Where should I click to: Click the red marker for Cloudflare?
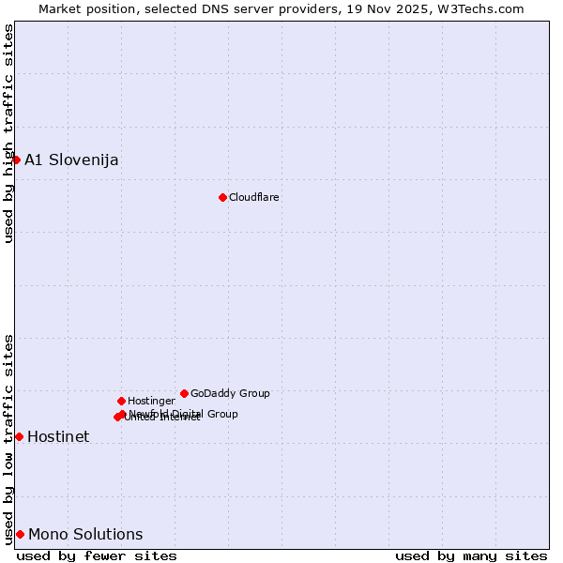[x=222, y=197]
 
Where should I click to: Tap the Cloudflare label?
[x=254, y=197]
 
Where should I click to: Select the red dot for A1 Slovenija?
[x=16, y=160]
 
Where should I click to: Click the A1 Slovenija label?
[x=71, y=160]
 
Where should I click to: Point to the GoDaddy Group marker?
[x=184, y=393]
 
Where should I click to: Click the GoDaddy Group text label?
[x=230, y=393]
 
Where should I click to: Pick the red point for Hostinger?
[x=121, y=401]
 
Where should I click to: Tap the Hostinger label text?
[x=151, y=401]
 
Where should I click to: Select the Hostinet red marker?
[x=19, y=436]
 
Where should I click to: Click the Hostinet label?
[x=58, y=436]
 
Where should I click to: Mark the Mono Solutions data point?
[x=20, y=534]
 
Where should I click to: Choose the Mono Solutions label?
[x=85, y=534]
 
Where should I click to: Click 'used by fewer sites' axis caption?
[x=97, y=555]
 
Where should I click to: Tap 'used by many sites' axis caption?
[x=471, y=555]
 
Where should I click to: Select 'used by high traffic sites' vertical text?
[x=8, y=134]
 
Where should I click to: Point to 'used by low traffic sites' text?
[x=8, y=438]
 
